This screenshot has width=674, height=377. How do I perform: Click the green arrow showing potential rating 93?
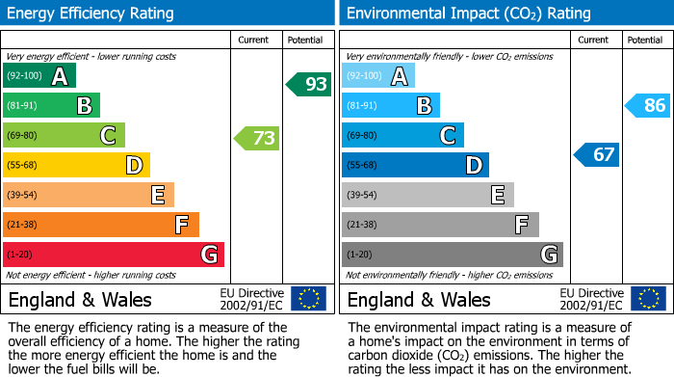click(x=309, y=84)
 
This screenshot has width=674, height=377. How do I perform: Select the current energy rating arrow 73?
click(x=257, y=138)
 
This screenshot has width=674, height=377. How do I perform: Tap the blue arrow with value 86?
click(x=648, y=105)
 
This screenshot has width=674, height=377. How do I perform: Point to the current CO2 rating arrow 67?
click(x=597, y=154)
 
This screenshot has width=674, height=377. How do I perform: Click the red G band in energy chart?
click(x=114, y=255)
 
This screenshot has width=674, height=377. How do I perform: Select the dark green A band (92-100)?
click(x=39, y=76)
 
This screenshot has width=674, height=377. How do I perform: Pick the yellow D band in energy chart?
click(x=76, y=166)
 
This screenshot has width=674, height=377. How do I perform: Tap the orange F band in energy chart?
click(x=101, y=225)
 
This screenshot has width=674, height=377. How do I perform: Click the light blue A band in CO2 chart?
click(x=378, y=76)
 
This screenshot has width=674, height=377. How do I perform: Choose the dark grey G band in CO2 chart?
click(x=452, y=255)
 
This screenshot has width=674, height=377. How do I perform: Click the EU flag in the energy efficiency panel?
click(x=308, y=299)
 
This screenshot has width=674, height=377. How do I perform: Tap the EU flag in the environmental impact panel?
click(x=647, y=299)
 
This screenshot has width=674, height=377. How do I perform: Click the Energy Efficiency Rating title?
click(x=91, y=13)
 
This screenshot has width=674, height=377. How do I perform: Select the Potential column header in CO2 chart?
click(x=645, y=40)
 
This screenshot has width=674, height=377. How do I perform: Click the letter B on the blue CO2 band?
click(x=424, y=106)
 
